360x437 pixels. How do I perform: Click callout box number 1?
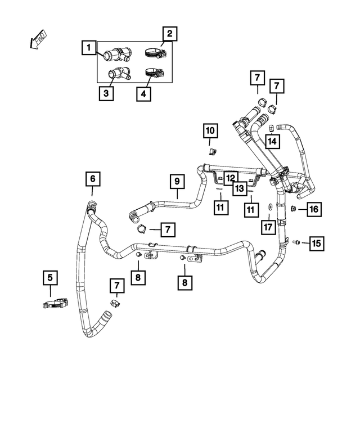click(88, 48)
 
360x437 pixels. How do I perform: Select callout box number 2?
click(169, 34)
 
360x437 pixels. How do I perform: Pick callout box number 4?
click(143, 93)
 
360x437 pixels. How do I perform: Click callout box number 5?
click(50, 277)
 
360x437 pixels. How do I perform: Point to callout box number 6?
click(93, 179)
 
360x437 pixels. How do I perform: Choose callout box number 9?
click(177, 182)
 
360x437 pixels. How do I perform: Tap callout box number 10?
click(210, 131)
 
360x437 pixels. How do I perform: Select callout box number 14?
click(272, 141)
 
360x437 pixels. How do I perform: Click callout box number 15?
click(316, 243)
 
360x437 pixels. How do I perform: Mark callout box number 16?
click(313, 209)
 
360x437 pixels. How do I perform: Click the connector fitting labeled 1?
click(115, 55)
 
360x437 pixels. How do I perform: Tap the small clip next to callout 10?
click(213, 150)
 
